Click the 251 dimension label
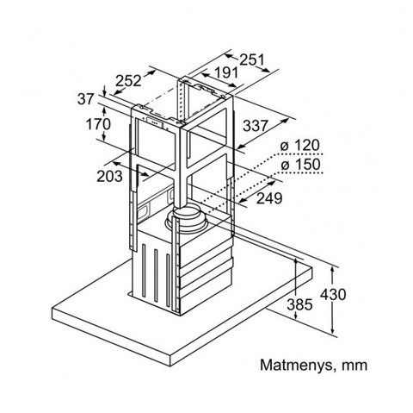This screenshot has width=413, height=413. click(251, 59)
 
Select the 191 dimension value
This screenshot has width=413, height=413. click(226, 72)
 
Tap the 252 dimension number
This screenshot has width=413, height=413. click(128, 81)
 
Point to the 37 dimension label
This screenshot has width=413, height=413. click(85, 99)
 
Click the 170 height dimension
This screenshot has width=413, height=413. click(98, 124)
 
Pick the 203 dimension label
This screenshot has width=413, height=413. click(109, 176)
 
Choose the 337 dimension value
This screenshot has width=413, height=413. click(256, 126)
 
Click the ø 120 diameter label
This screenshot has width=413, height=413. click(299, 145)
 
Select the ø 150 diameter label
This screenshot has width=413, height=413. click(300, 165)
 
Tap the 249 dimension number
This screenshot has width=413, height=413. click(269, 198)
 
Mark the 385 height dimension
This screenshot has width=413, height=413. click(299, 304)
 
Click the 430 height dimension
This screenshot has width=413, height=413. click(333, 295)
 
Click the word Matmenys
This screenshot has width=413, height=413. click(297, 366)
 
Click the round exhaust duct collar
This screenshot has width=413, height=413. click(187, 218)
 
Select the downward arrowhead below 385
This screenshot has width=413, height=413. click(295, 316)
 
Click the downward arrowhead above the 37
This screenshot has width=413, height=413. click(104, 92)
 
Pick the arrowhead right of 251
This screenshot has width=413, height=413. click(266, 69)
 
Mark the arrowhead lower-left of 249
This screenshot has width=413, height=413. click(243, 200)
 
